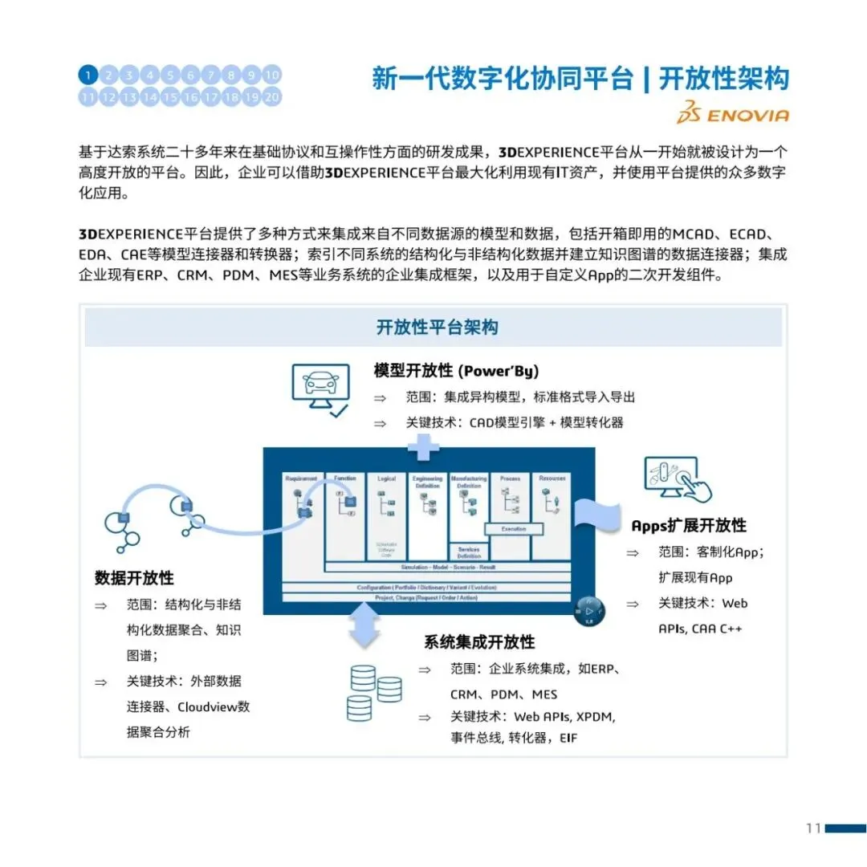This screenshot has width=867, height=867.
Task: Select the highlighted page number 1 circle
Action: pyautogui.click(x=88, y=75)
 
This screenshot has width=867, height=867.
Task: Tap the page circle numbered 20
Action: pyautogui.click(x=272, y=97)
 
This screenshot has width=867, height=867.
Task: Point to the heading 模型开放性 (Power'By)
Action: pyautogui.click(x=456, y=371)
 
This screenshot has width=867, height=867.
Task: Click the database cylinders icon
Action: pyautogui.click(x=373, y=691)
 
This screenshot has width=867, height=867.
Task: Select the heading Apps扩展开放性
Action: pyautogui.click(x=688, y=525)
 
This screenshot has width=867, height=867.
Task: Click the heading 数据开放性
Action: pyautogui.click(x=134, y=578)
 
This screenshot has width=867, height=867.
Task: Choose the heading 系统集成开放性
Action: pyautogui.click(x=479, y=642)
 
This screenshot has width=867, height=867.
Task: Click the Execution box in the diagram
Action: pyautogui.click(x=514, y=529)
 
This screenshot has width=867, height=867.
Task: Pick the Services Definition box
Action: pyautogui.click(x=469, y=552)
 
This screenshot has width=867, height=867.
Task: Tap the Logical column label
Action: pyautogui.click(x=386, y=479)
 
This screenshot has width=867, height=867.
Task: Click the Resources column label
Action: pyautogui.click(x=552, y=478)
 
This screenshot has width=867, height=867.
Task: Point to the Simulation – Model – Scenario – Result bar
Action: pyautogui.click(x=448, y=568)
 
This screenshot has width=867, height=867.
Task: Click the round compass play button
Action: pyautogui.click(x=589, y=611)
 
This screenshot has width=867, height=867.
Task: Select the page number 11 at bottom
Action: pyautogui.click(x=812, y=828)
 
